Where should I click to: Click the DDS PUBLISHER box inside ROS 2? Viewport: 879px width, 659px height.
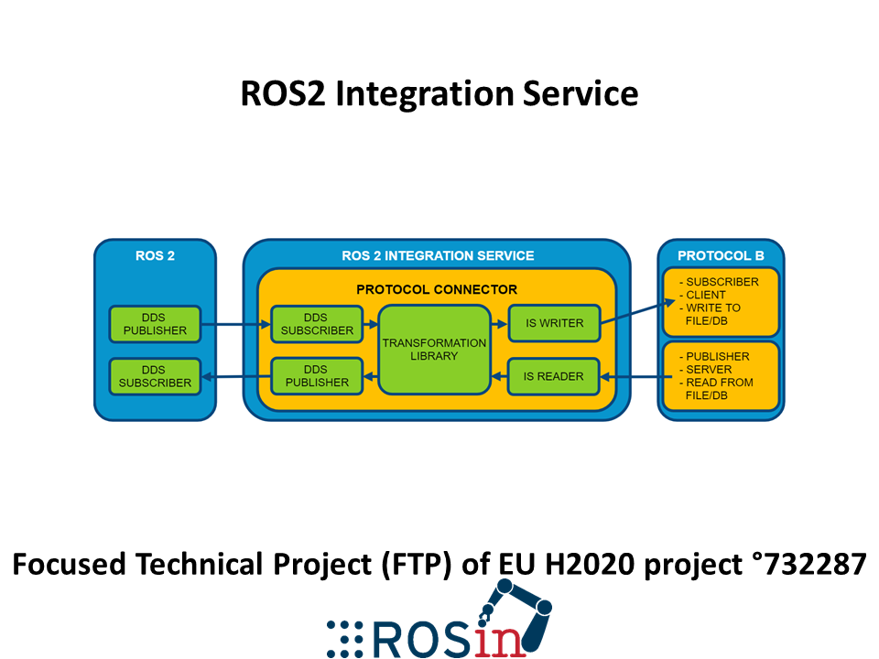[x=155, y=324]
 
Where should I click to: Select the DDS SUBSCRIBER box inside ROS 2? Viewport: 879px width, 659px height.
[x=155, y=376]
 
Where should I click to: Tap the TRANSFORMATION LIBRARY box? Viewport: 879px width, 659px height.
[x=434, y=350]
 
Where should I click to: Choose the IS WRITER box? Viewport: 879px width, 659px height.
[x=554, y=323]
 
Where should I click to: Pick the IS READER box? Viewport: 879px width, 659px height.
[x=553, y=376]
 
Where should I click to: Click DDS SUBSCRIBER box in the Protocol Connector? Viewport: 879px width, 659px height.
[x=317, y=324]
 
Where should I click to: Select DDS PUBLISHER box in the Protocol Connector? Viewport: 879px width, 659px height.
[x=317, y=376]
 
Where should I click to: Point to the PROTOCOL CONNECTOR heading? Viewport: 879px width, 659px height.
[x=437, y=290]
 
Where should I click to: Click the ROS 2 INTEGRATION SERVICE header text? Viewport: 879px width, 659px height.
[x=438, y=256]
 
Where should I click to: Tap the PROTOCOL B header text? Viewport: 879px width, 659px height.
[x=721, y=256]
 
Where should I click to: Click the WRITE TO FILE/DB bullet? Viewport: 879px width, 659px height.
[x=711, y=314]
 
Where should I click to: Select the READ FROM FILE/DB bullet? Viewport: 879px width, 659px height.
[x=716, y=389]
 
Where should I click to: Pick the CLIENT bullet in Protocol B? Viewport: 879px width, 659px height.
[x=703, y=295]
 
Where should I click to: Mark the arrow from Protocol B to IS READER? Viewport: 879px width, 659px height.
[x=635, y=377]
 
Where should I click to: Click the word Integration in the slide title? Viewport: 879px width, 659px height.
[x=424, y=93]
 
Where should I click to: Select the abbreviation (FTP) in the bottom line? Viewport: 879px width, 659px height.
[x=417, y=565]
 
